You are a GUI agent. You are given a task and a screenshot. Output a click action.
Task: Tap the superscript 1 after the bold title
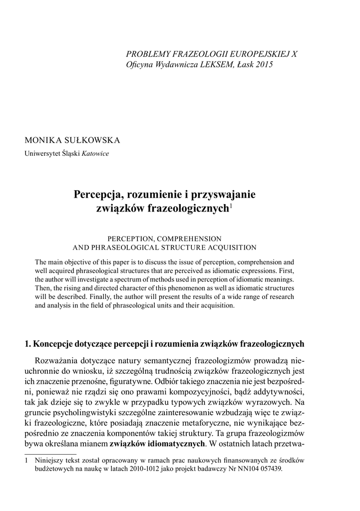click(231, 206)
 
